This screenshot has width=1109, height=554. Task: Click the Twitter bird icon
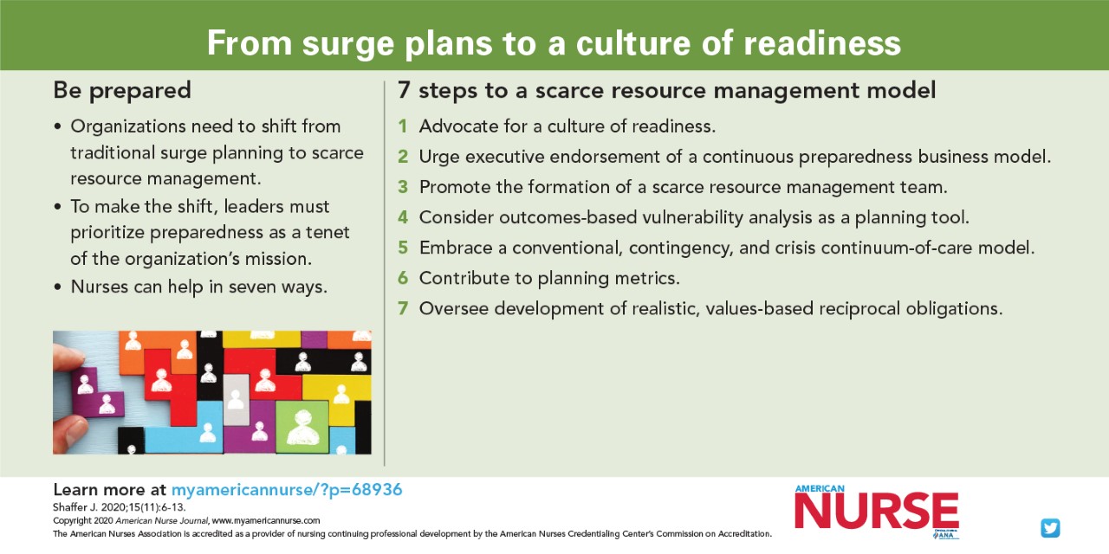(1050, 528)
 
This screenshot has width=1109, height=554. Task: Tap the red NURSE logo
(877, 511)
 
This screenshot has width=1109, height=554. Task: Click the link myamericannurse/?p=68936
(287, 490)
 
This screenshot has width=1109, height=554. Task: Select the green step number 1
(403, 126)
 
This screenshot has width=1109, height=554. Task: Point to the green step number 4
(403, 217)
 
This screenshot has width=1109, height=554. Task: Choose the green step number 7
(403, 308)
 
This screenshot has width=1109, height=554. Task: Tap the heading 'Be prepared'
(122, 91)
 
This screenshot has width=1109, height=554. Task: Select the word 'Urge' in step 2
(439, 157)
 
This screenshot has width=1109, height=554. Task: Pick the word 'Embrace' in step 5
(456, 248)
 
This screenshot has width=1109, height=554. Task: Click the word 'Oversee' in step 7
(454, 308)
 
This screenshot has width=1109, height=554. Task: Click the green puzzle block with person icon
(302, 427)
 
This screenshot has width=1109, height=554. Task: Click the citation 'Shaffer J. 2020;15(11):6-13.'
(120, 507)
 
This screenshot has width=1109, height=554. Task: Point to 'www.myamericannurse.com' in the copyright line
(266, 520)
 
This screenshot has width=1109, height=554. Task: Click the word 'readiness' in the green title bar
(822, 43)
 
